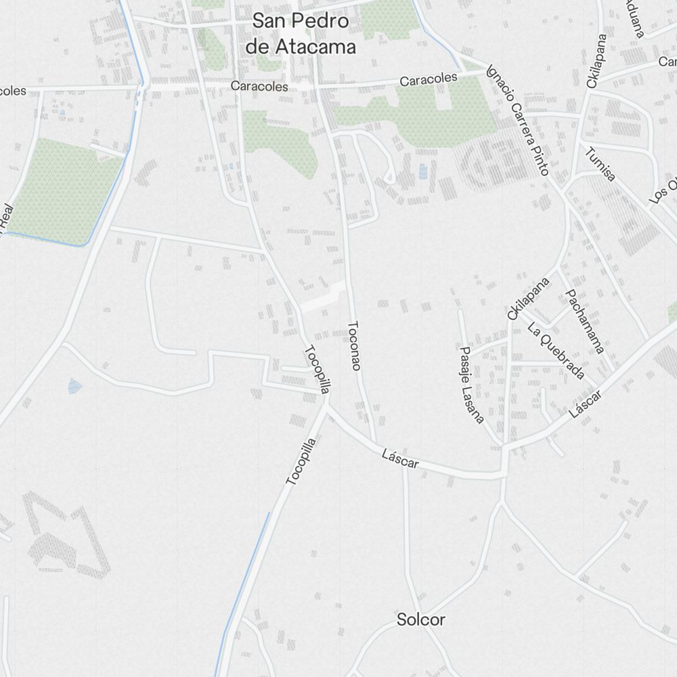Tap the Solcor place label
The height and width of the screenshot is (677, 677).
[x=421, y=619]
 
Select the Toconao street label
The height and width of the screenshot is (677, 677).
[x=354, y=345]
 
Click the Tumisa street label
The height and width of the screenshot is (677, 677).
[x=601, y=165]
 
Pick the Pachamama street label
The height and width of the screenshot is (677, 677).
[x=584, y=321]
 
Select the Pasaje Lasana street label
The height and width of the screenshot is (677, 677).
[x=471, y=385]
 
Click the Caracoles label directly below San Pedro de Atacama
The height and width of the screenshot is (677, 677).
[x=259, y=87]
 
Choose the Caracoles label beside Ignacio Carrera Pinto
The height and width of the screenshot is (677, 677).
[x=429, y=80]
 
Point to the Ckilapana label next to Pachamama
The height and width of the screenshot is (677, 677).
[x=528, y=297]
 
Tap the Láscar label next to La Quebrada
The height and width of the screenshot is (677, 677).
[x=586, y=401]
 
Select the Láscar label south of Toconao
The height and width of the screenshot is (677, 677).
[x=400, y=460]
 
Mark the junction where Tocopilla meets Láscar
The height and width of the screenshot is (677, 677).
[x=326, y=406]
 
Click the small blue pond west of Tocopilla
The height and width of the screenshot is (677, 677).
[x=74, y=386]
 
